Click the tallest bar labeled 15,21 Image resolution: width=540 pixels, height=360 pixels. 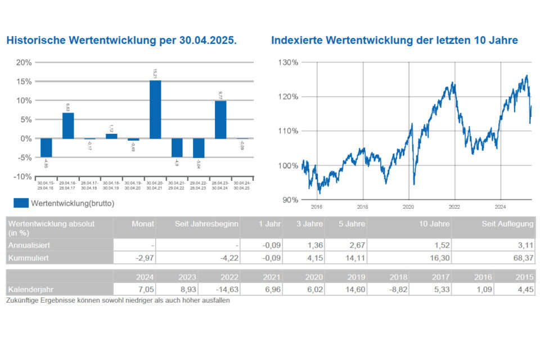pyautogui.click(x=155, y=109)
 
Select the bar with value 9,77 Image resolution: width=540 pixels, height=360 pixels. pyautogui.click(x=220, y=119)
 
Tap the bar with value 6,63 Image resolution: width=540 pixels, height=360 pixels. pyautogui.click(x=67, y=125)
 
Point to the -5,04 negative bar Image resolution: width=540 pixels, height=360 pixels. pyautogui.click(x=199, y=148)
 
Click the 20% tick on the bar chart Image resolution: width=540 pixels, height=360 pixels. pyautogui.click(x=24, y=62)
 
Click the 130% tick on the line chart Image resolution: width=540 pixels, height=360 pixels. pyautogui.click(x=288, y=62)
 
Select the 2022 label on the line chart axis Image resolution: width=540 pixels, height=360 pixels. pyautogui.click(x=454, y=206)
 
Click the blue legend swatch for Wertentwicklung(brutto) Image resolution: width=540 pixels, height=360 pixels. pyautogui.click(x=21, y=203)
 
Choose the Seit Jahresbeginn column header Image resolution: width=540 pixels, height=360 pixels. pyautogui.click(x=209, y=224)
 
